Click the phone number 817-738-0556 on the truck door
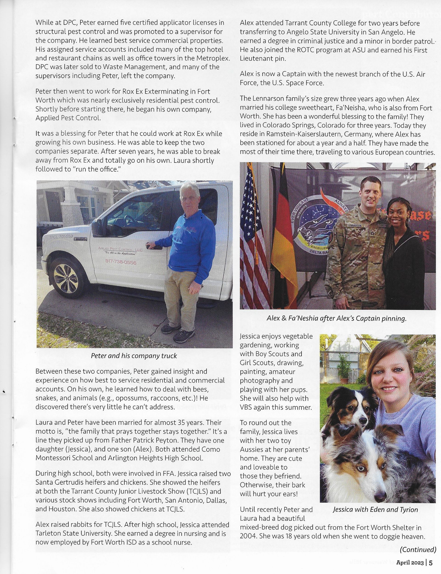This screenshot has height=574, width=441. coord(121,262)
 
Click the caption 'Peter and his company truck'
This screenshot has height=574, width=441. coord(134,356)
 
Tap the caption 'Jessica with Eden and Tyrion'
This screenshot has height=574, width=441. coord(375,510)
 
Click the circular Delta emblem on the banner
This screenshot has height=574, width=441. coord(315,226)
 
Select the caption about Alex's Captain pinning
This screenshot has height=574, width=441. coord(336,318)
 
